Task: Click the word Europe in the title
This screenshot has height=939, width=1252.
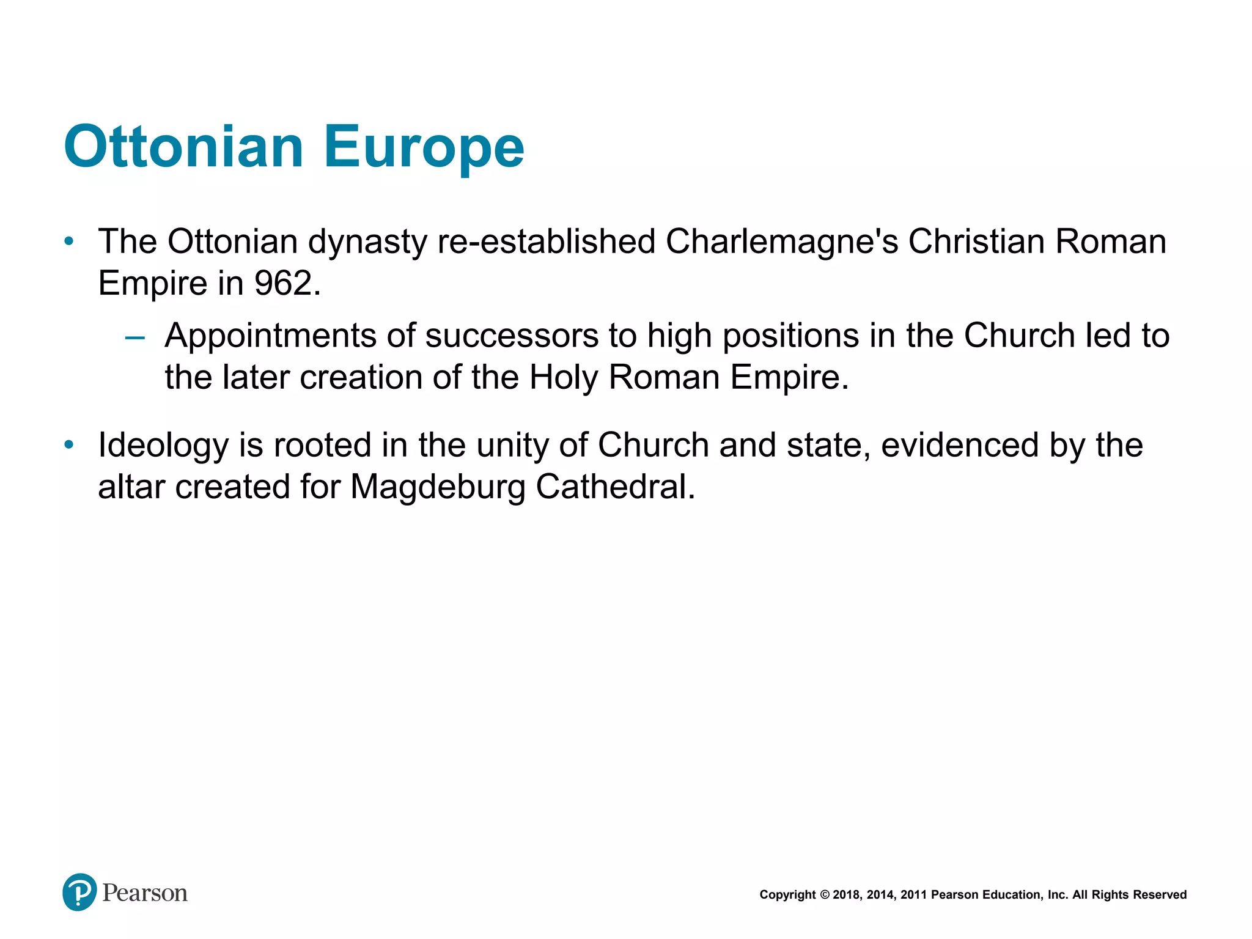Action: coord(424,149)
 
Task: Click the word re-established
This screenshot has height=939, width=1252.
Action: coord(547,241)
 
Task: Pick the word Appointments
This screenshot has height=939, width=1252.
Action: coord(270,336)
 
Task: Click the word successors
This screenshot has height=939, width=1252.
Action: coord(512,336)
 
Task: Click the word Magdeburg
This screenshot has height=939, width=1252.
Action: coord(438,488)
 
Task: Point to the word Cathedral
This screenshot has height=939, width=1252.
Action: coord(615,487)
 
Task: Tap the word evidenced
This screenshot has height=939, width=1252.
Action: coord(960,445)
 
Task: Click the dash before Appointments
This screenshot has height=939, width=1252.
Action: coord(135,337)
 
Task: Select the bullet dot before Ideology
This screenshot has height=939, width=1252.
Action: coord(69,444)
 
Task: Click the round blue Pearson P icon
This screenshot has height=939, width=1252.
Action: coord(79,892)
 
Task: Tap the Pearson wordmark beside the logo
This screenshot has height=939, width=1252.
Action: coord(145,893)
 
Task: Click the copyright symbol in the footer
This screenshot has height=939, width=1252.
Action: coord(824,895)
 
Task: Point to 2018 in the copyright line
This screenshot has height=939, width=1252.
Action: coord(847,895)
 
